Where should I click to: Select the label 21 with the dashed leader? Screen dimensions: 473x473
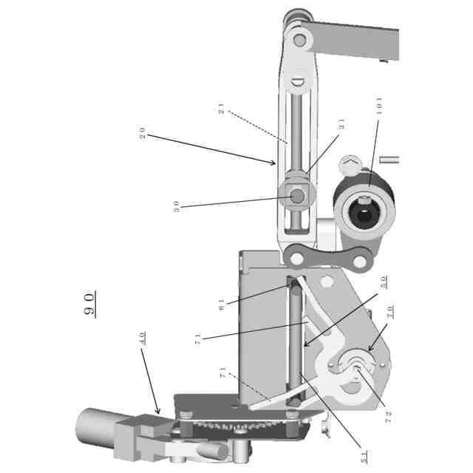point(221,109)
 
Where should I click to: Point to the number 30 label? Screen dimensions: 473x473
point(177,206)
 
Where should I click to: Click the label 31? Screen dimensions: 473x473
point(341,126)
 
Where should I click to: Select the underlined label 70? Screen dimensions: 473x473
point(389,311)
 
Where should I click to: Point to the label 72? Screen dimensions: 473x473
point(388,415)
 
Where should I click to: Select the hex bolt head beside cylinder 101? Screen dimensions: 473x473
point(350,165)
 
